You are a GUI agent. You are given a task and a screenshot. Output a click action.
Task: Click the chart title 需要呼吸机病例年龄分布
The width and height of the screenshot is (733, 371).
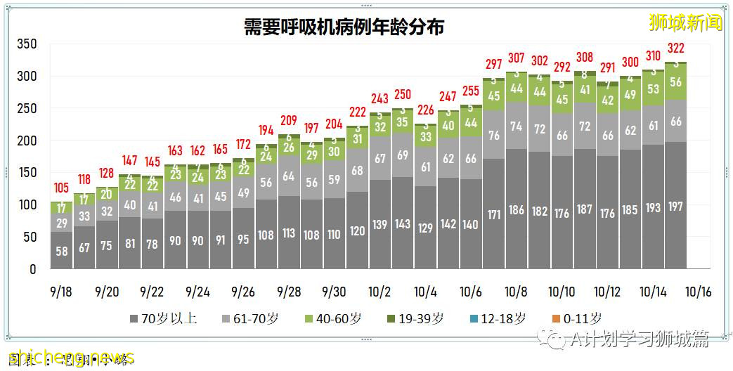344,27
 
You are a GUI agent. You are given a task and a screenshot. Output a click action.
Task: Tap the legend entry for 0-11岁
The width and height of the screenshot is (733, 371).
572,318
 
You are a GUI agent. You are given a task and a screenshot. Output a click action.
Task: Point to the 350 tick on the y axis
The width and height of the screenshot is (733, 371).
26,44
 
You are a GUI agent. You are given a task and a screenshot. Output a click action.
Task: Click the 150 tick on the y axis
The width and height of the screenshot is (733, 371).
26,173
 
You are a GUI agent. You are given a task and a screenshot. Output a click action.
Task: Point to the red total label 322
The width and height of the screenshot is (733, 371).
675,48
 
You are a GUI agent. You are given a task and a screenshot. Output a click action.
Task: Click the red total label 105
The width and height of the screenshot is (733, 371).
62,188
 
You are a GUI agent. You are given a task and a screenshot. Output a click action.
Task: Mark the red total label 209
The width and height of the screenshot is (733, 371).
289,120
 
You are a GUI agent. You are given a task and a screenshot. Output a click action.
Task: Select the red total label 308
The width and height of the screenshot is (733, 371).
585,58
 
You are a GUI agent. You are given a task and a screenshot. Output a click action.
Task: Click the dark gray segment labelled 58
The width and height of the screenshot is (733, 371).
62,251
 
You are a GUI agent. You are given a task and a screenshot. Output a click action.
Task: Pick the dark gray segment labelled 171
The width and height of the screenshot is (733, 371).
494,214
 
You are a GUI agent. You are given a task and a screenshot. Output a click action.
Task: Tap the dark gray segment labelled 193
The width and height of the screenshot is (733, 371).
653,207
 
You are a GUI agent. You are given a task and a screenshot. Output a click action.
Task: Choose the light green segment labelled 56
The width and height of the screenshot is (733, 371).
675,82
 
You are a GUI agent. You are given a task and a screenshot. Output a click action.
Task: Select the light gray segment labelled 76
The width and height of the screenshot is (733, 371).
494,135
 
